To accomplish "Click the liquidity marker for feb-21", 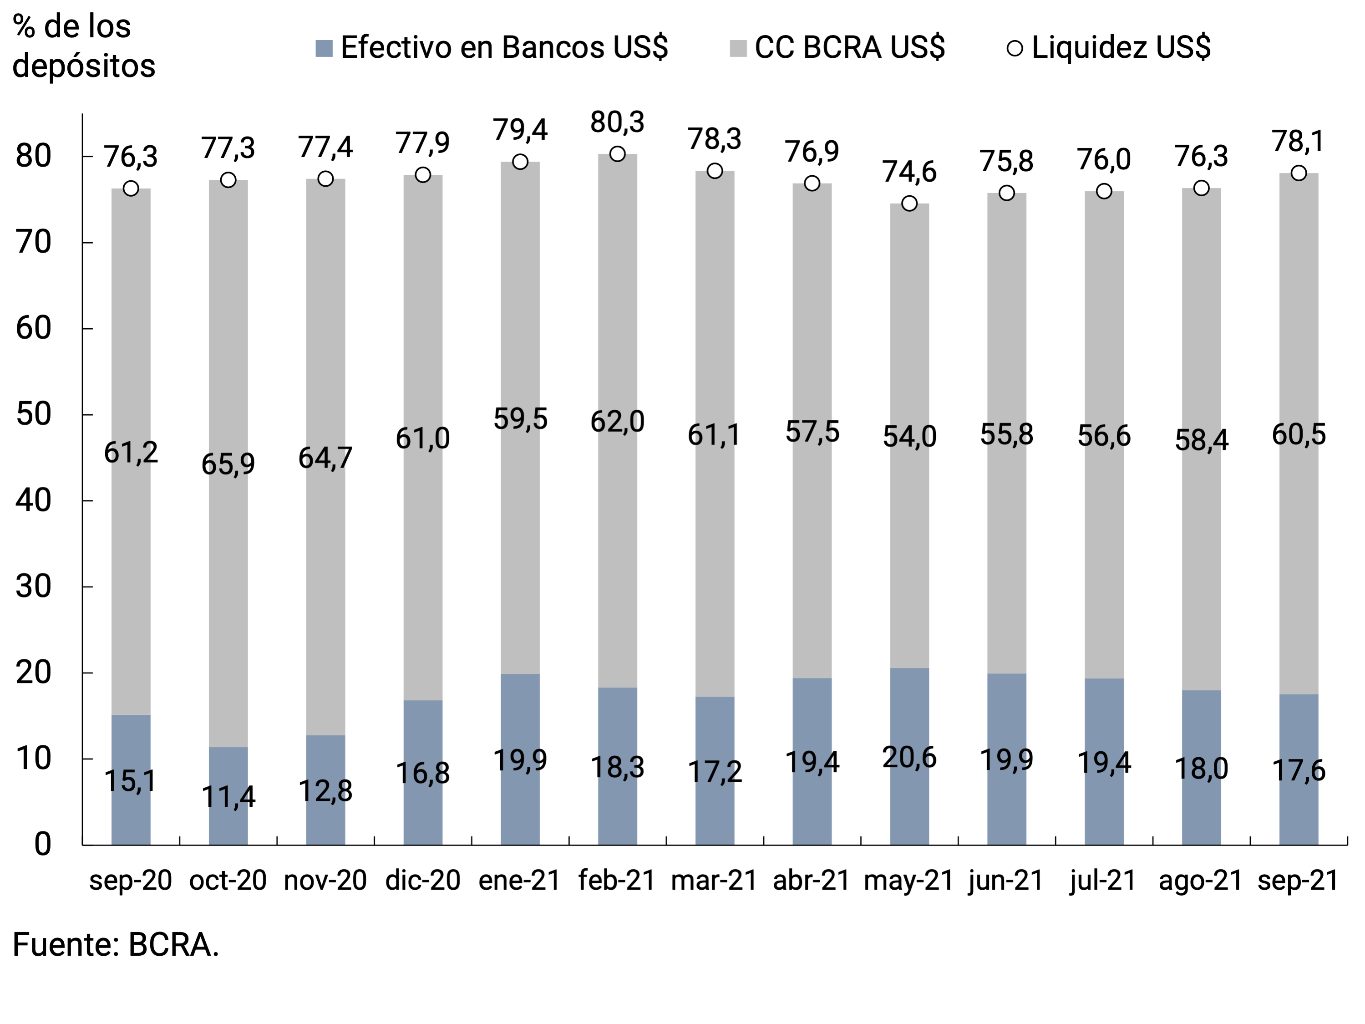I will click(x=617, y=154).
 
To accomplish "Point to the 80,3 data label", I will click(x=617, y=122).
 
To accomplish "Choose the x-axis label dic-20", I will click(x=423, y=880).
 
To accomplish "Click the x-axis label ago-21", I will click(x=1200, y=880).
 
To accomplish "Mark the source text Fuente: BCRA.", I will click(x=116, y=945).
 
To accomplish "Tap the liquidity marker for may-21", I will click(x=909, y=203).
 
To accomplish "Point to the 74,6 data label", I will click(x=909, y=172).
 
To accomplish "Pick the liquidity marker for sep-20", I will click(x=131, y=188).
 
